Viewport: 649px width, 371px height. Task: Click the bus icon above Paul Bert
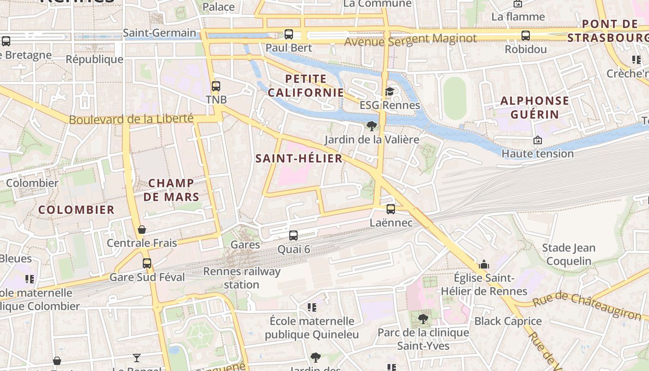point(289,34)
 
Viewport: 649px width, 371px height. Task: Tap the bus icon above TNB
point(216,86)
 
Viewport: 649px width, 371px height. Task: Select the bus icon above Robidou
point(526,35)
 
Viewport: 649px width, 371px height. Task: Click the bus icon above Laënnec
point(391,209)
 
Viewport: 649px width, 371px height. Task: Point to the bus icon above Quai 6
point(293,236)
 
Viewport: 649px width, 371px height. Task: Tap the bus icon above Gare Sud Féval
point(147,263)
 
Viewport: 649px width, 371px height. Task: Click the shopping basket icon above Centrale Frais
point(142,230)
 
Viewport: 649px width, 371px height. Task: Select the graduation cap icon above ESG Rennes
point(389,91)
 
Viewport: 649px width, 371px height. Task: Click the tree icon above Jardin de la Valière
point(371,126)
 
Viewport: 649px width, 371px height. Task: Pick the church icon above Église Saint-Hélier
point(484,265)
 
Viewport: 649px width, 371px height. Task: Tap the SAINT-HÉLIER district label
point(299,159)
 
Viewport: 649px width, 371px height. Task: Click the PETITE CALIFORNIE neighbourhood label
point(306,86)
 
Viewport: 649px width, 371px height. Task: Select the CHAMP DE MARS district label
point(171,190)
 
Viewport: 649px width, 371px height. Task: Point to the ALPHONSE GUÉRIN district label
point(534,107)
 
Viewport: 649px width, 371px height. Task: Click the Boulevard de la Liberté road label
point(131,119)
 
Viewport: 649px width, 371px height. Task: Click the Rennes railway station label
point(242,278)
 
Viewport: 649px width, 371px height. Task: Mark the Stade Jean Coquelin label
point(569,254)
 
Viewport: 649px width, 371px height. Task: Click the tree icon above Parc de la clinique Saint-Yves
point(423,319)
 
